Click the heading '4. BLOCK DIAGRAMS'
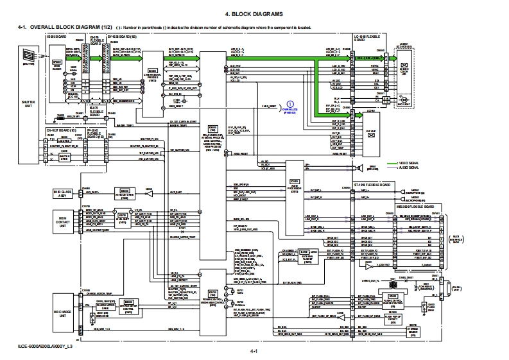(254, 13)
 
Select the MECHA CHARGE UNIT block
(63, 306)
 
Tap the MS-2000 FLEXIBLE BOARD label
(417, 207)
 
